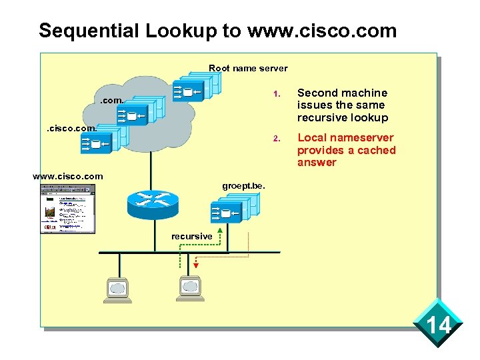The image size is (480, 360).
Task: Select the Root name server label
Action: coord(248,68)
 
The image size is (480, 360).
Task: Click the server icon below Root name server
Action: coord(195,89)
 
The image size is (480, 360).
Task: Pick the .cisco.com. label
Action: coord(71,128)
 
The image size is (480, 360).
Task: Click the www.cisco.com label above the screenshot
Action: coord(68,176)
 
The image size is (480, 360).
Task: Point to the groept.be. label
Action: coord(243,186)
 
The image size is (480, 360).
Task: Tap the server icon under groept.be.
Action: coord(233,209)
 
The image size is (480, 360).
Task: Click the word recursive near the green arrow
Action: coord(191,237)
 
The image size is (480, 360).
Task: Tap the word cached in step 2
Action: coord(375,150)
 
